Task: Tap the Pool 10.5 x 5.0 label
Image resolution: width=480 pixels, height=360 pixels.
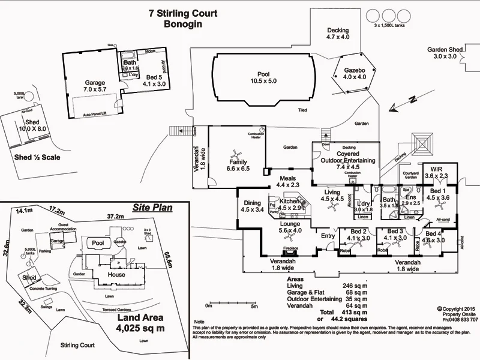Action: [263, 77]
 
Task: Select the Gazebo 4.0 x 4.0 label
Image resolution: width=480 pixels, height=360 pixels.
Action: [354, 73]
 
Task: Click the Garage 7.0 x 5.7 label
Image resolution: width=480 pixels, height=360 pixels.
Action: [95, 86]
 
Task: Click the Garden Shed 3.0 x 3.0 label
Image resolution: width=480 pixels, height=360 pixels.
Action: [445, 53]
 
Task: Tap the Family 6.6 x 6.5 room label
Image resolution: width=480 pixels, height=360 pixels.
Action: [238, 166]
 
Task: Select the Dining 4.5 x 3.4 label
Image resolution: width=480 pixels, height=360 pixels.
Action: [252, 206]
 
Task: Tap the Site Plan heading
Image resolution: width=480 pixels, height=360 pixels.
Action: [152, 208]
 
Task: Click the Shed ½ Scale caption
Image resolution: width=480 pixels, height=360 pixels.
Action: [35, 158]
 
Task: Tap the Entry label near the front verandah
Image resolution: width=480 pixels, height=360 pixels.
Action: [328, 236]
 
